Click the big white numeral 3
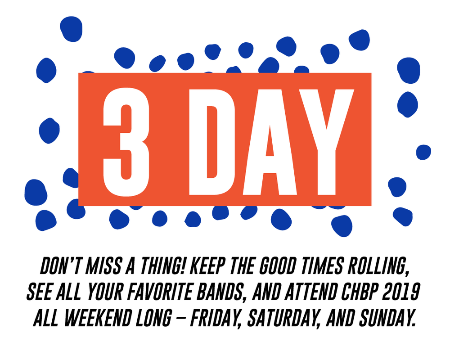[x=126, y=139]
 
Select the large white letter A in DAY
[x=270, y=139]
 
